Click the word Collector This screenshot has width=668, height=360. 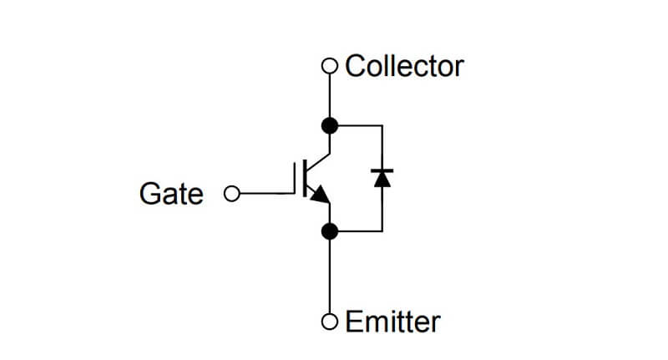coord(404,67)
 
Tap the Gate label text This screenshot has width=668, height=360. coord(171,194)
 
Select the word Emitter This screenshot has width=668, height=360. coord(392,322)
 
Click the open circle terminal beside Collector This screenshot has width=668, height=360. coord(329,66)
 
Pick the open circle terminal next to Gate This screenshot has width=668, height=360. coord(232,194)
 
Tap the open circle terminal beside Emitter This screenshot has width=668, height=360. coord(329,322)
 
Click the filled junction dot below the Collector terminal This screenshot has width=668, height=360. coord(329,125)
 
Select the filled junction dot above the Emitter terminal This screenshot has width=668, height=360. coord(329,231)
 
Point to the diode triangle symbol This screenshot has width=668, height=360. coord(382,179)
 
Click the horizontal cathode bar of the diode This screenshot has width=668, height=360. coord(382,170)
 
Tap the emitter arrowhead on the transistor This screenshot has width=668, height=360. coord(321,195)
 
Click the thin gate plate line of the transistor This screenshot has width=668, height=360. coord(295,178)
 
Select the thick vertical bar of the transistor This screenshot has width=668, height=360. coord(305,178)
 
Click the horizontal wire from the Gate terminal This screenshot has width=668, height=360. coord(267,194)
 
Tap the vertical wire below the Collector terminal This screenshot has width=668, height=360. coord(329,96)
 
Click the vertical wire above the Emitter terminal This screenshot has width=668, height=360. coord(329,276)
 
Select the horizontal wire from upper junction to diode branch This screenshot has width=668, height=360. coord(360,125)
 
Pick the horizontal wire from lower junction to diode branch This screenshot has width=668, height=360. coord(360,231)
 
